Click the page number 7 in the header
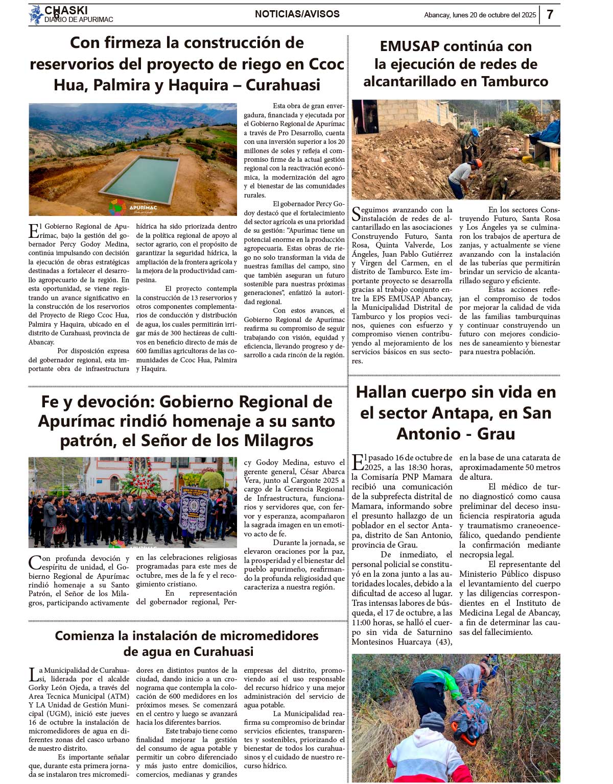pyautogui.click(x=550, y=14)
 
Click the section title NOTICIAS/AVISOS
pyautogui.click(x=297, y=14)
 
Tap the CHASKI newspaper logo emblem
pyautogui.click(x=36, y=14)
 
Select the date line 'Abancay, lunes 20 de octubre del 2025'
pyautogui.click(x=480, y=15)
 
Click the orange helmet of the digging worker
pyautogui.click(x=477, y=163)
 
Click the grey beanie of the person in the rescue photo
pyautogui.click(x=433, y=722)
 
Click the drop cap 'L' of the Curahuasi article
pyautogui.click(x=33, y=675)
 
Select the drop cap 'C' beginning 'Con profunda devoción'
pyautogui.click(x=35, y=562)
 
